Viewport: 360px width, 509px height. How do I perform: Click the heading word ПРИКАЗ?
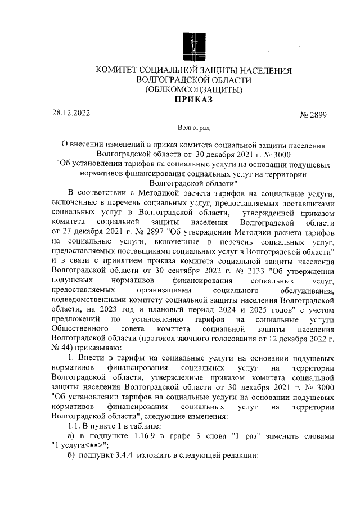[x=193, y=100]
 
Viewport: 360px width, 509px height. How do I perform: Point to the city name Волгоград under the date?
[x=193, y=129]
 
